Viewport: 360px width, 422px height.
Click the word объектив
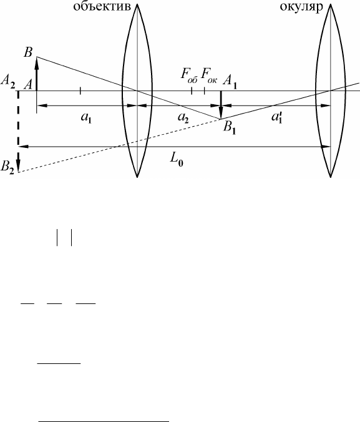tap(102, 6)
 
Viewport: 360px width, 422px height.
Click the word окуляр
tap(301, 6)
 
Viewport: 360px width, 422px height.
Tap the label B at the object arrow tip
tap(28, 52)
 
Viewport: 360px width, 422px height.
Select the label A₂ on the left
tap(7, 80)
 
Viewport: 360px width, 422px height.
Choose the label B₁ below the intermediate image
tap(230, 128)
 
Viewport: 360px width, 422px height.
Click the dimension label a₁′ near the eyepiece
tap(276, 117)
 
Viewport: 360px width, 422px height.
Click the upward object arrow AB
tap(37, 74)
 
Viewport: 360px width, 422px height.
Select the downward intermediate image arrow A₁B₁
tap(221, 105)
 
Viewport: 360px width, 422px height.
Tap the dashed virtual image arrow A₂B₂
tap(18, 132)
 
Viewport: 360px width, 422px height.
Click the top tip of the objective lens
tap(137, 4)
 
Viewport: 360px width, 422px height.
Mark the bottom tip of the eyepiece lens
tap(331, 177)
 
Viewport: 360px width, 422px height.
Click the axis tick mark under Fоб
tap(192, 91)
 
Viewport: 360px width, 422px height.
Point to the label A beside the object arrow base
tap(28, 86)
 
